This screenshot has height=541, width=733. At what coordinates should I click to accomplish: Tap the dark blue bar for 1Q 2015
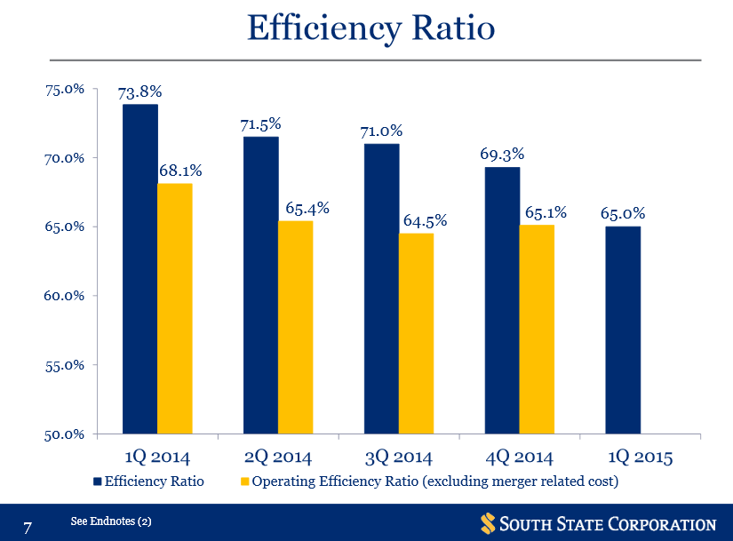[x=622, y=330]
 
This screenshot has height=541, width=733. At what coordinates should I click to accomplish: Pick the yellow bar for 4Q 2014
[x=537, y=329]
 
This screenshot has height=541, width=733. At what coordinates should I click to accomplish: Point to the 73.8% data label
[x=139, y=91]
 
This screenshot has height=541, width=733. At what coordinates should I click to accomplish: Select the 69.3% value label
[x=501, y=155]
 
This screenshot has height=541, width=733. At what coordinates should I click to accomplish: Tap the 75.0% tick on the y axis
[x=66, y=90]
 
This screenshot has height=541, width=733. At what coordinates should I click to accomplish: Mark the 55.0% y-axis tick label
[x=66, y=365]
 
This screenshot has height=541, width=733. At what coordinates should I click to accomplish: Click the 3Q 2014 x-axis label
[x=399, y=457]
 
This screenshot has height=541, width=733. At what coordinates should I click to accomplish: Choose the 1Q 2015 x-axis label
[x=641, y=457]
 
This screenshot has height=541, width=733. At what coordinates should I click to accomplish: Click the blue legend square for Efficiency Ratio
[x=97, y=481]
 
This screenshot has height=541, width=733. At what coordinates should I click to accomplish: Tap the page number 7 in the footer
[x=28, y=528]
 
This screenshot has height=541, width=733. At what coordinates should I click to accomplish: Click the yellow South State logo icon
[x=487, y=522]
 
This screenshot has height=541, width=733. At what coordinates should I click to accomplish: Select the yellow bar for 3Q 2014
[x=416, y=333]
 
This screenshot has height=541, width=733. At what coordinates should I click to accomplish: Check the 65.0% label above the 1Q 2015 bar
[x=622, y=213]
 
